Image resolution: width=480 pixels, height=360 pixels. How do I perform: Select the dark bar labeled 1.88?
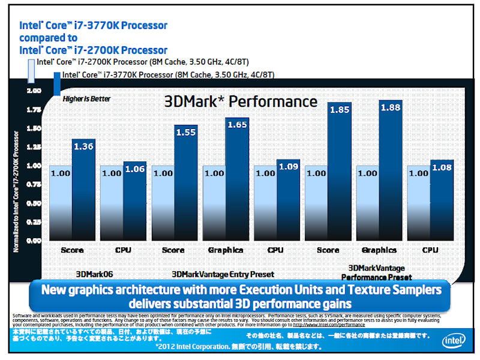[x=391, y=174]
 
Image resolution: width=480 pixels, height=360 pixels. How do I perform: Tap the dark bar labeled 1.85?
[x=339, y=174]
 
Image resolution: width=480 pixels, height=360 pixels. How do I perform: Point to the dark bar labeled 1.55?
[x=186, y=186]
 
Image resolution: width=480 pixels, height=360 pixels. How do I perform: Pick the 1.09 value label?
[x=288, y=166]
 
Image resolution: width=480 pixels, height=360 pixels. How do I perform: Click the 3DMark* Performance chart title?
[x=241, y=101]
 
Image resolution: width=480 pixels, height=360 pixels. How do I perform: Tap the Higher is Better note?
[x=87, y=99]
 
